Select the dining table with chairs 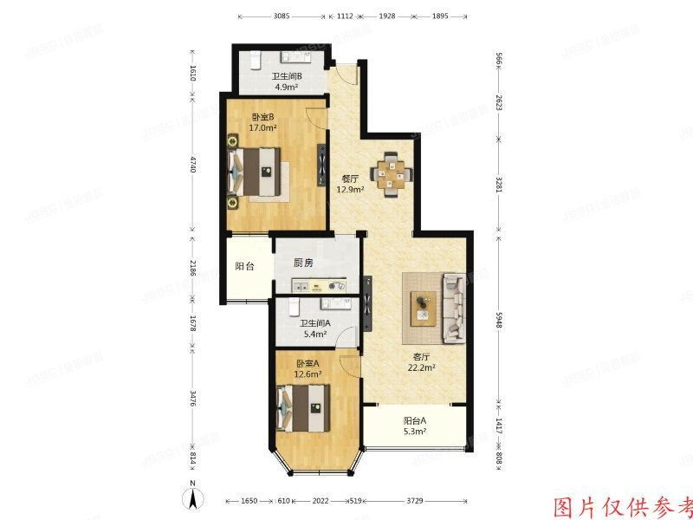coord(395,171)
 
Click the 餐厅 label coord(349,179)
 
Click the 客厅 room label coord(422,356)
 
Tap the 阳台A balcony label coord(415,422)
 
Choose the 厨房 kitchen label coord(303,263)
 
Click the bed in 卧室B coord(256,172)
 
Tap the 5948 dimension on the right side coord(499,318)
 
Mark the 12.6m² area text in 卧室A coord(308,374)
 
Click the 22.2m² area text coord(422,367)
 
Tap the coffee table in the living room coord(423,304)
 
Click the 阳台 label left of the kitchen coord(245,266)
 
